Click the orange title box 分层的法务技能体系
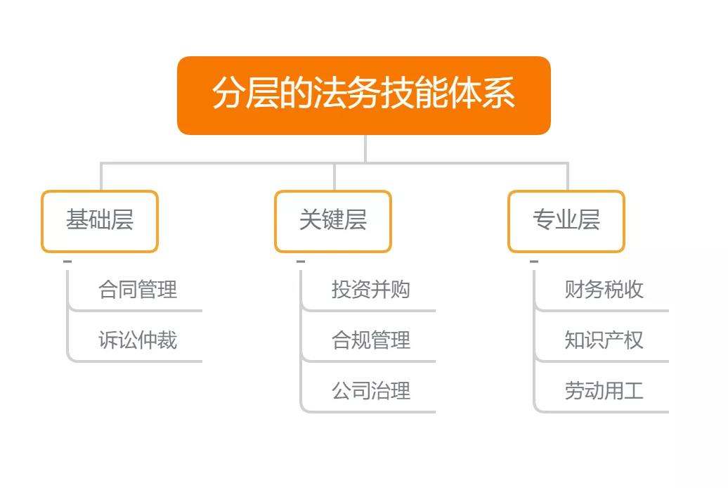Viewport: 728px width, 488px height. click(x=364, y=96)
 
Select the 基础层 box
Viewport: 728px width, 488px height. click(x=100, y=221)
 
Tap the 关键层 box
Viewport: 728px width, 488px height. click(x=333, y=221)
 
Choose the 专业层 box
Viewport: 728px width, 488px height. click(x=566, y=221)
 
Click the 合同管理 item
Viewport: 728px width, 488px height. click(x=138, y=290)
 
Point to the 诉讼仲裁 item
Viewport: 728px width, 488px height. click(x=138, y=340)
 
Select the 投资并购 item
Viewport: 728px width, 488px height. click(x=371, y=290)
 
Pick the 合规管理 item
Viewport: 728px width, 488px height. click(x=371, y=340)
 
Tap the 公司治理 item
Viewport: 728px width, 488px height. click(x=371, y=391)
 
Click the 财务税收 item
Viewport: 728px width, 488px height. click(x=604, y=290)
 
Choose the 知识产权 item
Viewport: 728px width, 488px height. click(x=604, y=340)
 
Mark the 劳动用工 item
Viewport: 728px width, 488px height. click(x=604, y=391)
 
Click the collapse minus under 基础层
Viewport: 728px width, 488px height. click(x=67, y=262)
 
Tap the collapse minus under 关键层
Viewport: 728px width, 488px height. click(x=301, y=262)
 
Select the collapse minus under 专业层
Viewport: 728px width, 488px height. click(x=534, y=262)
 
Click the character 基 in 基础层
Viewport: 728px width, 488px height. click(x=77, y=219)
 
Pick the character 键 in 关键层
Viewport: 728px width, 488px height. click(x=333, y=219)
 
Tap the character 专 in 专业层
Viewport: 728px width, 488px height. click(x=544, y=219)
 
